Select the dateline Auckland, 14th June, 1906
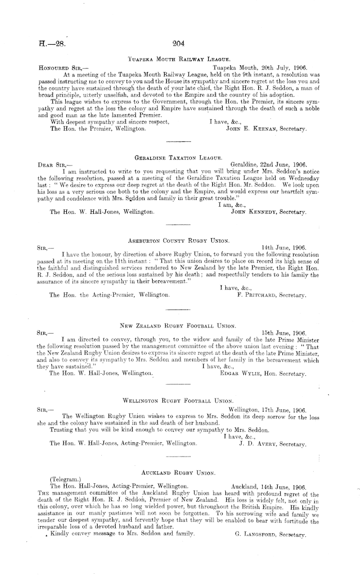[x=269, y=486]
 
